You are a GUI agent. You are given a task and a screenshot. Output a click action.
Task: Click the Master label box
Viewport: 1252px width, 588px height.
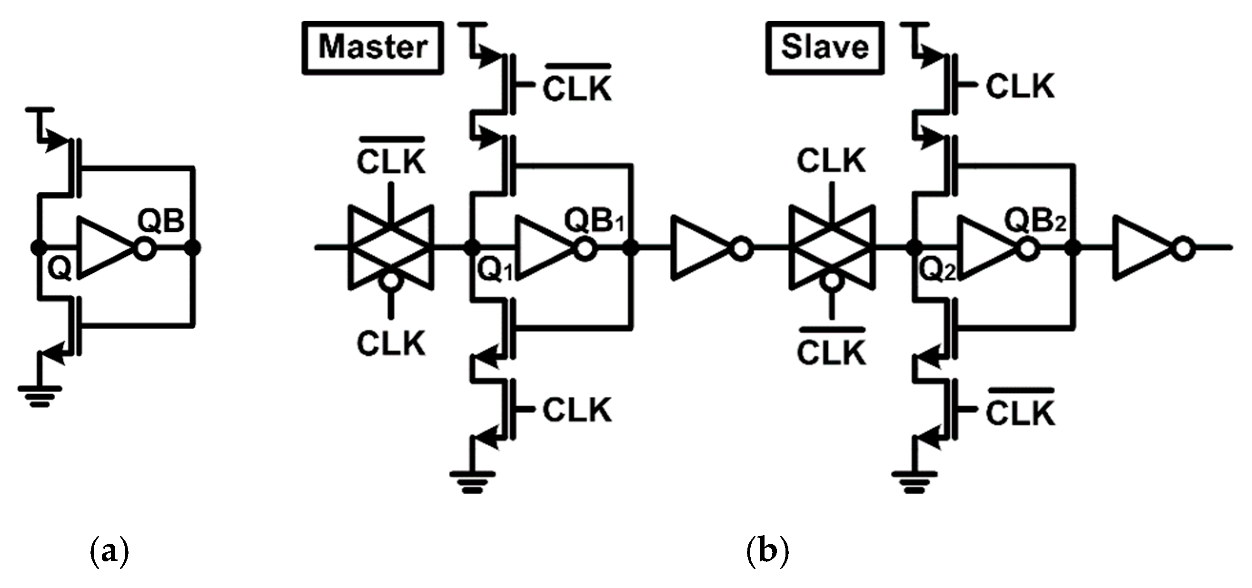(373, 48)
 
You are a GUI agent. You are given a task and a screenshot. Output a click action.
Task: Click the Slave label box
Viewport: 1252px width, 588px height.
(825, 48)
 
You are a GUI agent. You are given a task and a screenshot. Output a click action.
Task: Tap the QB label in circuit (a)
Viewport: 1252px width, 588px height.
(161, 221)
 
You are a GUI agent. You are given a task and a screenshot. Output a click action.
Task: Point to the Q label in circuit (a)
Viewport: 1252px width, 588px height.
(60, 269)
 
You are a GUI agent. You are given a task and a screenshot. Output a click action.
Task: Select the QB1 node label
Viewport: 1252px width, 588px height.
(594, 221)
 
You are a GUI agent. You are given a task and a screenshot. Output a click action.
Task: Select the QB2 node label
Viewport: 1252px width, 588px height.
(1035, 221)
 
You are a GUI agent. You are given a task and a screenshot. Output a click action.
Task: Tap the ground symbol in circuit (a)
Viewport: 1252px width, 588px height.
(40, 396)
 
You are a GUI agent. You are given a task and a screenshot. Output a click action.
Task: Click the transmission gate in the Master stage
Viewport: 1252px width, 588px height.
(391, 248)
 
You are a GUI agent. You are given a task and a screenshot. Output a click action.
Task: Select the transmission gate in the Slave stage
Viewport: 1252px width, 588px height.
(832, 248)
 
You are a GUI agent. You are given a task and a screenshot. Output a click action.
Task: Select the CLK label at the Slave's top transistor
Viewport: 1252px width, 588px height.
(1020, 87)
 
